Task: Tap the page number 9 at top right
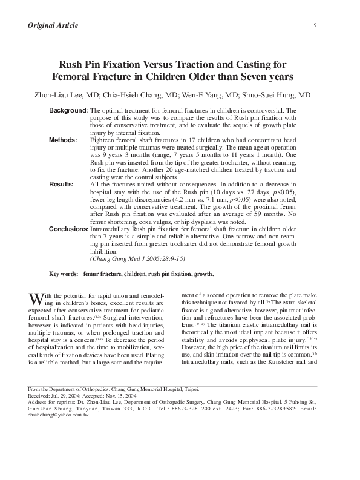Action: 316,24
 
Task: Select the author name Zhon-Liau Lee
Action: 58,95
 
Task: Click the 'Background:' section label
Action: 68,111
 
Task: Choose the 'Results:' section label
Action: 62,183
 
